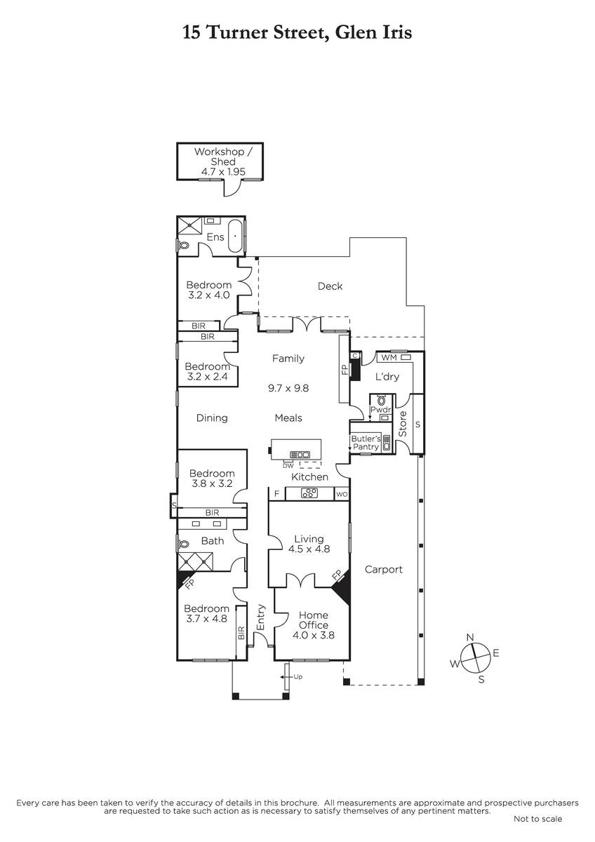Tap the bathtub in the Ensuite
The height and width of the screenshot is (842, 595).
click(x=235, y=236)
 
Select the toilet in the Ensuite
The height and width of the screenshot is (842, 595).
click(x=183, y=246)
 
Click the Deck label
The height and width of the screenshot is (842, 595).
click(x=330, y=286)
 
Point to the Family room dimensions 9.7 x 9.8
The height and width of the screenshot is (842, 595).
click(x=288, y=388)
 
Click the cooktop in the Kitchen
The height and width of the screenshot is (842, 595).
click(x=309, y=493)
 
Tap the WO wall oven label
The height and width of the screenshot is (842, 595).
click(x=342, y=494)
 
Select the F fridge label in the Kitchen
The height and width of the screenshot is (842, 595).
click(x=276, y=493)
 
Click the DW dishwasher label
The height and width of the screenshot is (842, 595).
click(x=288, y=466)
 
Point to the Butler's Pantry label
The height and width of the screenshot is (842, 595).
click(x=366, y=443)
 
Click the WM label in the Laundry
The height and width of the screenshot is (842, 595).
click(x=389, y=357)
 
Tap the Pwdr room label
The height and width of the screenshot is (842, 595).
click(x=381, y=409)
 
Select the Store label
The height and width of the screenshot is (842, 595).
click(x=402, y=424)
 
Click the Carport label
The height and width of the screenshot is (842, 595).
click(x=383, y=569)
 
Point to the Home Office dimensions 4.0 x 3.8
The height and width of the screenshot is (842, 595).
click(x=314, y=635)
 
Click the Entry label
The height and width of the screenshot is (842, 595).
click(x=260, y=617)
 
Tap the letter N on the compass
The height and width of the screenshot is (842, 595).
click(x=470, y=637)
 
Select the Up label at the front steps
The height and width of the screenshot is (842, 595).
click(x=297, y=676)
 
